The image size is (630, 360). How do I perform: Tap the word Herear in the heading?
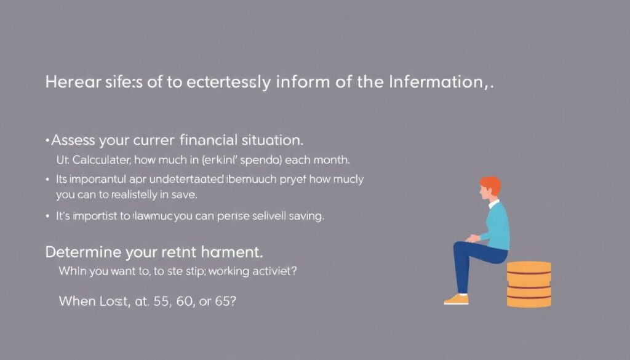click(x=70, y=82)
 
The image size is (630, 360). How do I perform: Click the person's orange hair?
click(x=490, y=184)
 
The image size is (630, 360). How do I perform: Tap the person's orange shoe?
click(x=456, y=299)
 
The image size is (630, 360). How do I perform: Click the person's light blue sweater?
click(x=496, y=225)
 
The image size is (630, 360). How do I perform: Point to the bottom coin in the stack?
click(x=528, y=301)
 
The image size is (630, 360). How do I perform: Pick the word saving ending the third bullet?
click(x=306, y=217)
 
